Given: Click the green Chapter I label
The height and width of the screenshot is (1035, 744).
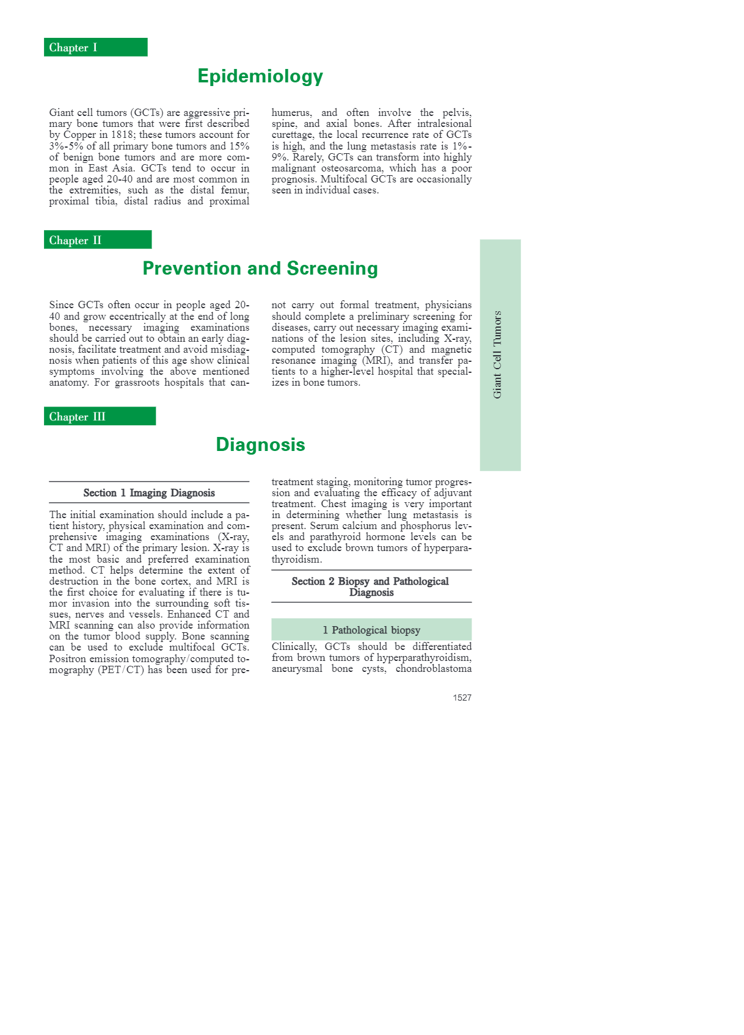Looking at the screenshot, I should point(95,48).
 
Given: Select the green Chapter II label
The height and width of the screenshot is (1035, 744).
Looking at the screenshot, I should point(97,240).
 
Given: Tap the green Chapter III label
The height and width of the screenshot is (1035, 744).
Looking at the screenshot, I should point(100,416).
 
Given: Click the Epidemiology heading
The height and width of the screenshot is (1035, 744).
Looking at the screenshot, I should point(260,76).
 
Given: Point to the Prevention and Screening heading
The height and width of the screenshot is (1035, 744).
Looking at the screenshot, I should point(260,269).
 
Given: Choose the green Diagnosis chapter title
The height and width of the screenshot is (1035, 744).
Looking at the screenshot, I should point(260,444).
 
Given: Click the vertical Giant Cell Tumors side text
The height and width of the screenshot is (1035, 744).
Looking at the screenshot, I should point(498,355).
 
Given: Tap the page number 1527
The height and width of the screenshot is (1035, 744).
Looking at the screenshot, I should point(462,698).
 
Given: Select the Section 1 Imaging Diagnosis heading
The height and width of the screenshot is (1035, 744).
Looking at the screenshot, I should point(149,493).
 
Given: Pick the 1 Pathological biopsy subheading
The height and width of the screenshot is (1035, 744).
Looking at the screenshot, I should point(371,630).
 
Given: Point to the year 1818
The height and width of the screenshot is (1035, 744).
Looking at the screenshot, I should point(124,135).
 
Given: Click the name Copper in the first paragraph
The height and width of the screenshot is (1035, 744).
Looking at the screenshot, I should point(80,135).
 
